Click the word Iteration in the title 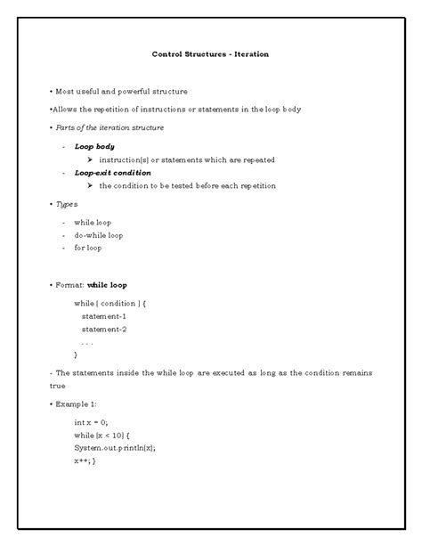tap(249, 54)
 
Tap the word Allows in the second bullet tap(70, 110)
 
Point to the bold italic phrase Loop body tap(94, 146)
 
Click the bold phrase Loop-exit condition tap(112, 172)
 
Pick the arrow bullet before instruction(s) tap(90, 159)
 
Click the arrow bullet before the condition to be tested tap(90, 185)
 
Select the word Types tap(66, 203)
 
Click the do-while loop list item tap(99, 235)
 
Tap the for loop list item tap(88, 248)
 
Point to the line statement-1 tap(103, 316)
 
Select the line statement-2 tap(103, 329)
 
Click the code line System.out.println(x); tap(115, 448)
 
